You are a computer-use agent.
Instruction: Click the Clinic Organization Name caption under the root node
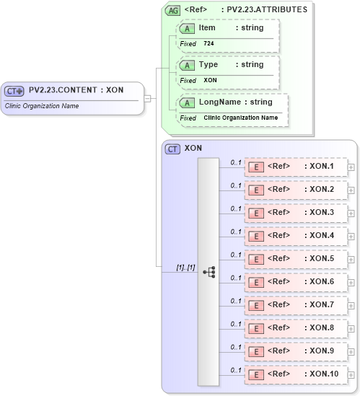[x=43, y=106]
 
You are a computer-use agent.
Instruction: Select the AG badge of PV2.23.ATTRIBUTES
[x=173, y=10]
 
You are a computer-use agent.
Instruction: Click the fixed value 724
[x=208, y=43]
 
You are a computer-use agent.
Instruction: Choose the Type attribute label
[x=208, y=64]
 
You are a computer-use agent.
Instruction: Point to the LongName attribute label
[x=220, y=102]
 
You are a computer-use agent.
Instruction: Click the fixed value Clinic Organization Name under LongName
[x=240, y=118]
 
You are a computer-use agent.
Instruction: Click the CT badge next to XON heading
[x=172, y=149]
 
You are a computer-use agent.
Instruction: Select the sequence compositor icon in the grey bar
[x=209, y=272]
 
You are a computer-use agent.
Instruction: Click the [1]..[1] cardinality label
[x=185, y=268]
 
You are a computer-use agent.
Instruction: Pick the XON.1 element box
[x=295, y=167]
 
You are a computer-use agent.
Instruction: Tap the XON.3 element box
[x=295, y=213]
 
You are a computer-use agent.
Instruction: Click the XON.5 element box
[x=295, y=258]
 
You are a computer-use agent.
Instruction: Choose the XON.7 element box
[x=295, y=304]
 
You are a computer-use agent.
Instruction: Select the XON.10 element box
[x=295, y=374]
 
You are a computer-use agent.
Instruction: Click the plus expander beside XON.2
[x=351, y=190]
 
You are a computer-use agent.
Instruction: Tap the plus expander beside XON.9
[x=351, y=351]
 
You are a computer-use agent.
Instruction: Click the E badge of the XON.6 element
[x=255, y=281]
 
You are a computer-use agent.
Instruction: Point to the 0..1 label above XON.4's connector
[x=236, y=232]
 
